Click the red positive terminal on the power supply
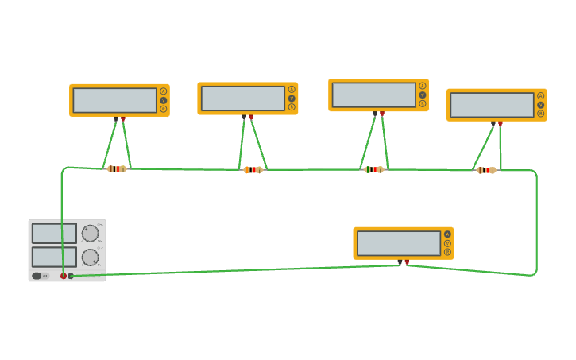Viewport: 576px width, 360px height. (x=64, y=276)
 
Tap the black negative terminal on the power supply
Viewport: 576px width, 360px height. (x=71, y=276)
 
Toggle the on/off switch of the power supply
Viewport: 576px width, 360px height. (x=37, y=276)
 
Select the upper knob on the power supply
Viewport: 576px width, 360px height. (x=90, y=234)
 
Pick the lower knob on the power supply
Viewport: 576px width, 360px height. (x=90, y=257)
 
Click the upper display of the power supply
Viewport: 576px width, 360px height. (x=54, y=234)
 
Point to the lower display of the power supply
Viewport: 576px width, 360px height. (x=54, y=257)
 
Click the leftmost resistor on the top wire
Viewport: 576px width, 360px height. (x=116, y=168)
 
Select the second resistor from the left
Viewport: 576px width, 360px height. (x=253, y=169)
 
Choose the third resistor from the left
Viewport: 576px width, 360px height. (x=373, y=169)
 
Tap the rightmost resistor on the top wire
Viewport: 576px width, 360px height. (x=485, y=170)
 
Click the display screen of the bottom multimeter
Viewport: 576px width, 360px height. (x=398, y=243)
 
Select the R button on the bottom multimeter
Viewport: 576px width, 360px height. (x=447, y=252)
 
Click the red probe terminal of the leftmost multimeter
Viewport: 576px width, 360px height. (x=122, y=119)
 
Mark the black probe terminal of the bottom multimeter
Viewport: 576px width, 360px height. (x=400, y=261)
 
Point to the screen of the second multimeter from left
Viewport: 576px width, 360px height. (x=242, y=99)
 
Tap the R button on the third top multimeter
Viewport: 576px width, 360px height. (x=423, y=103)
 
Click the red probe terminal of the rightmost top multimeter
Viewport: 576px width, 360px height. (x=500, y=123)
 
